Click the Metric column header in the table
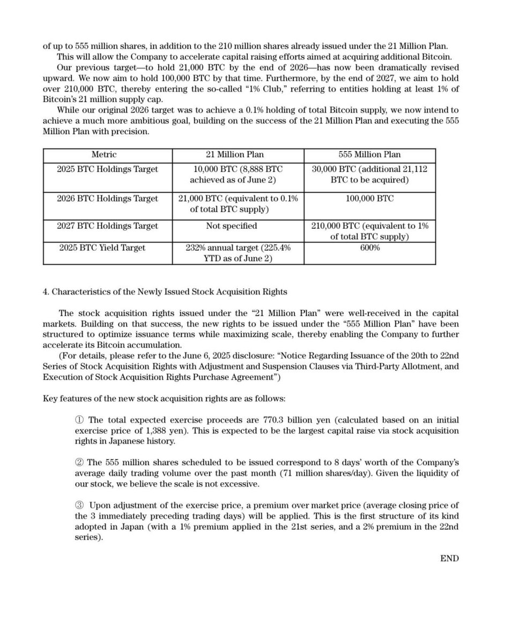(104, 154)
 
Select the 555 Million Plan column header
(369, 154)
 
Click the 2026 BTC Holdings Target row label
(107, 199)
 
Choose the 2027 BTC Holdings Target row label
(107, 226)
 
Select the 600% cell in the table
(369, 248)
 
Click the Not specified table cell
(232, 226)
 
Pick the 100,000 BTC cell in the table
(369, 199)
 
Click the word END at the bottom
(449, 558)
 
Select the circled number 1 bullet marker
(79, 420)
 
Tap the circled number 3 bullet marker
(79, 505)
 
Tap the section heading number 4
(46, 292)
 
